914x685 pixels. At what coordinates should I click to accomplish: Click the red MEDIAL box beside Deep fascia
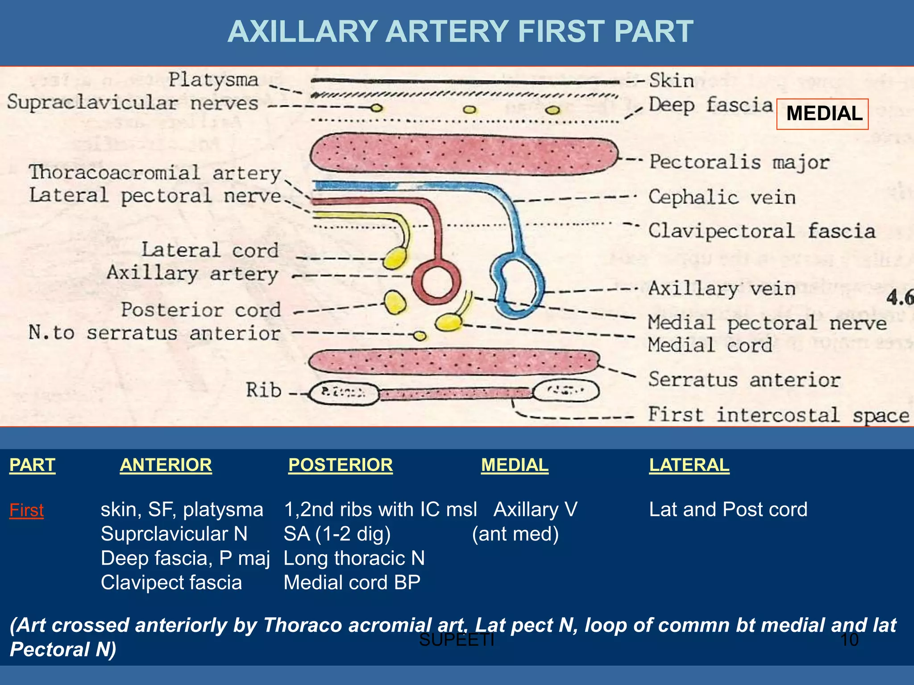(822, 114)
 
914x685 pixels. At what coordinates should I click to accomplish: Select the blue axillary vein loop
(518, 285)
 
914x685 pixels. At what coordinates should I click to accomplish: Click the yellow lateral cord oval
(395, 258)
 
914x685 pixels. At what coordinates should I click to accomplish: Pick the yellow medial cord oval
(448, 322)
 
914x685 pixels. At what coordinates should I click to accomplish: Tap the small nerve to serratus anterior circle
(419, 336)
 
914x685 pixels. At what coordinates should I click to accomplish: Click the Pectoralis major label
(739, 162)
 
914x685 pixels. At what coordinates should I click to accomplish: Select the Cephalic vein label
(722, 197)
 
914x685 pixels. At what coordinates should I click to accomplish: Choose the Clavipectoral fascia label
(761, 231)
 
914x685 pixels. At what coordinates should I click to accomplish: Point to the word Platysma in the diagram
(213, 80)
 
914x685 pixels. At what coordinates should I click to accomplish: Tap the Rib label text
(263, 390)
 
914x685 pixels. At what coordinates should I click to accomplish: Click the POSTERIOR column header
(340, 465)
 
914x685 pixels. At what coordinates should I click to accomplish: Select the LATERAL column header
(689, 465)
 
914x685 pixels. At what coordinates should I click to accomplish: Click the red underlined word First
(26, 510)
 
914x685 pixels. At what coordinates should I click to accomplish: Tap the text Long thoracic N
(354, 558)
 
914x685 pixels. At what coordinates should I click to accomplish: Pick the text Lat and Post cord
(728, 509)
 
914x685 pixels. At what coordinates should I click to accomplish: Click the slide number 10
(849, 640)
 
